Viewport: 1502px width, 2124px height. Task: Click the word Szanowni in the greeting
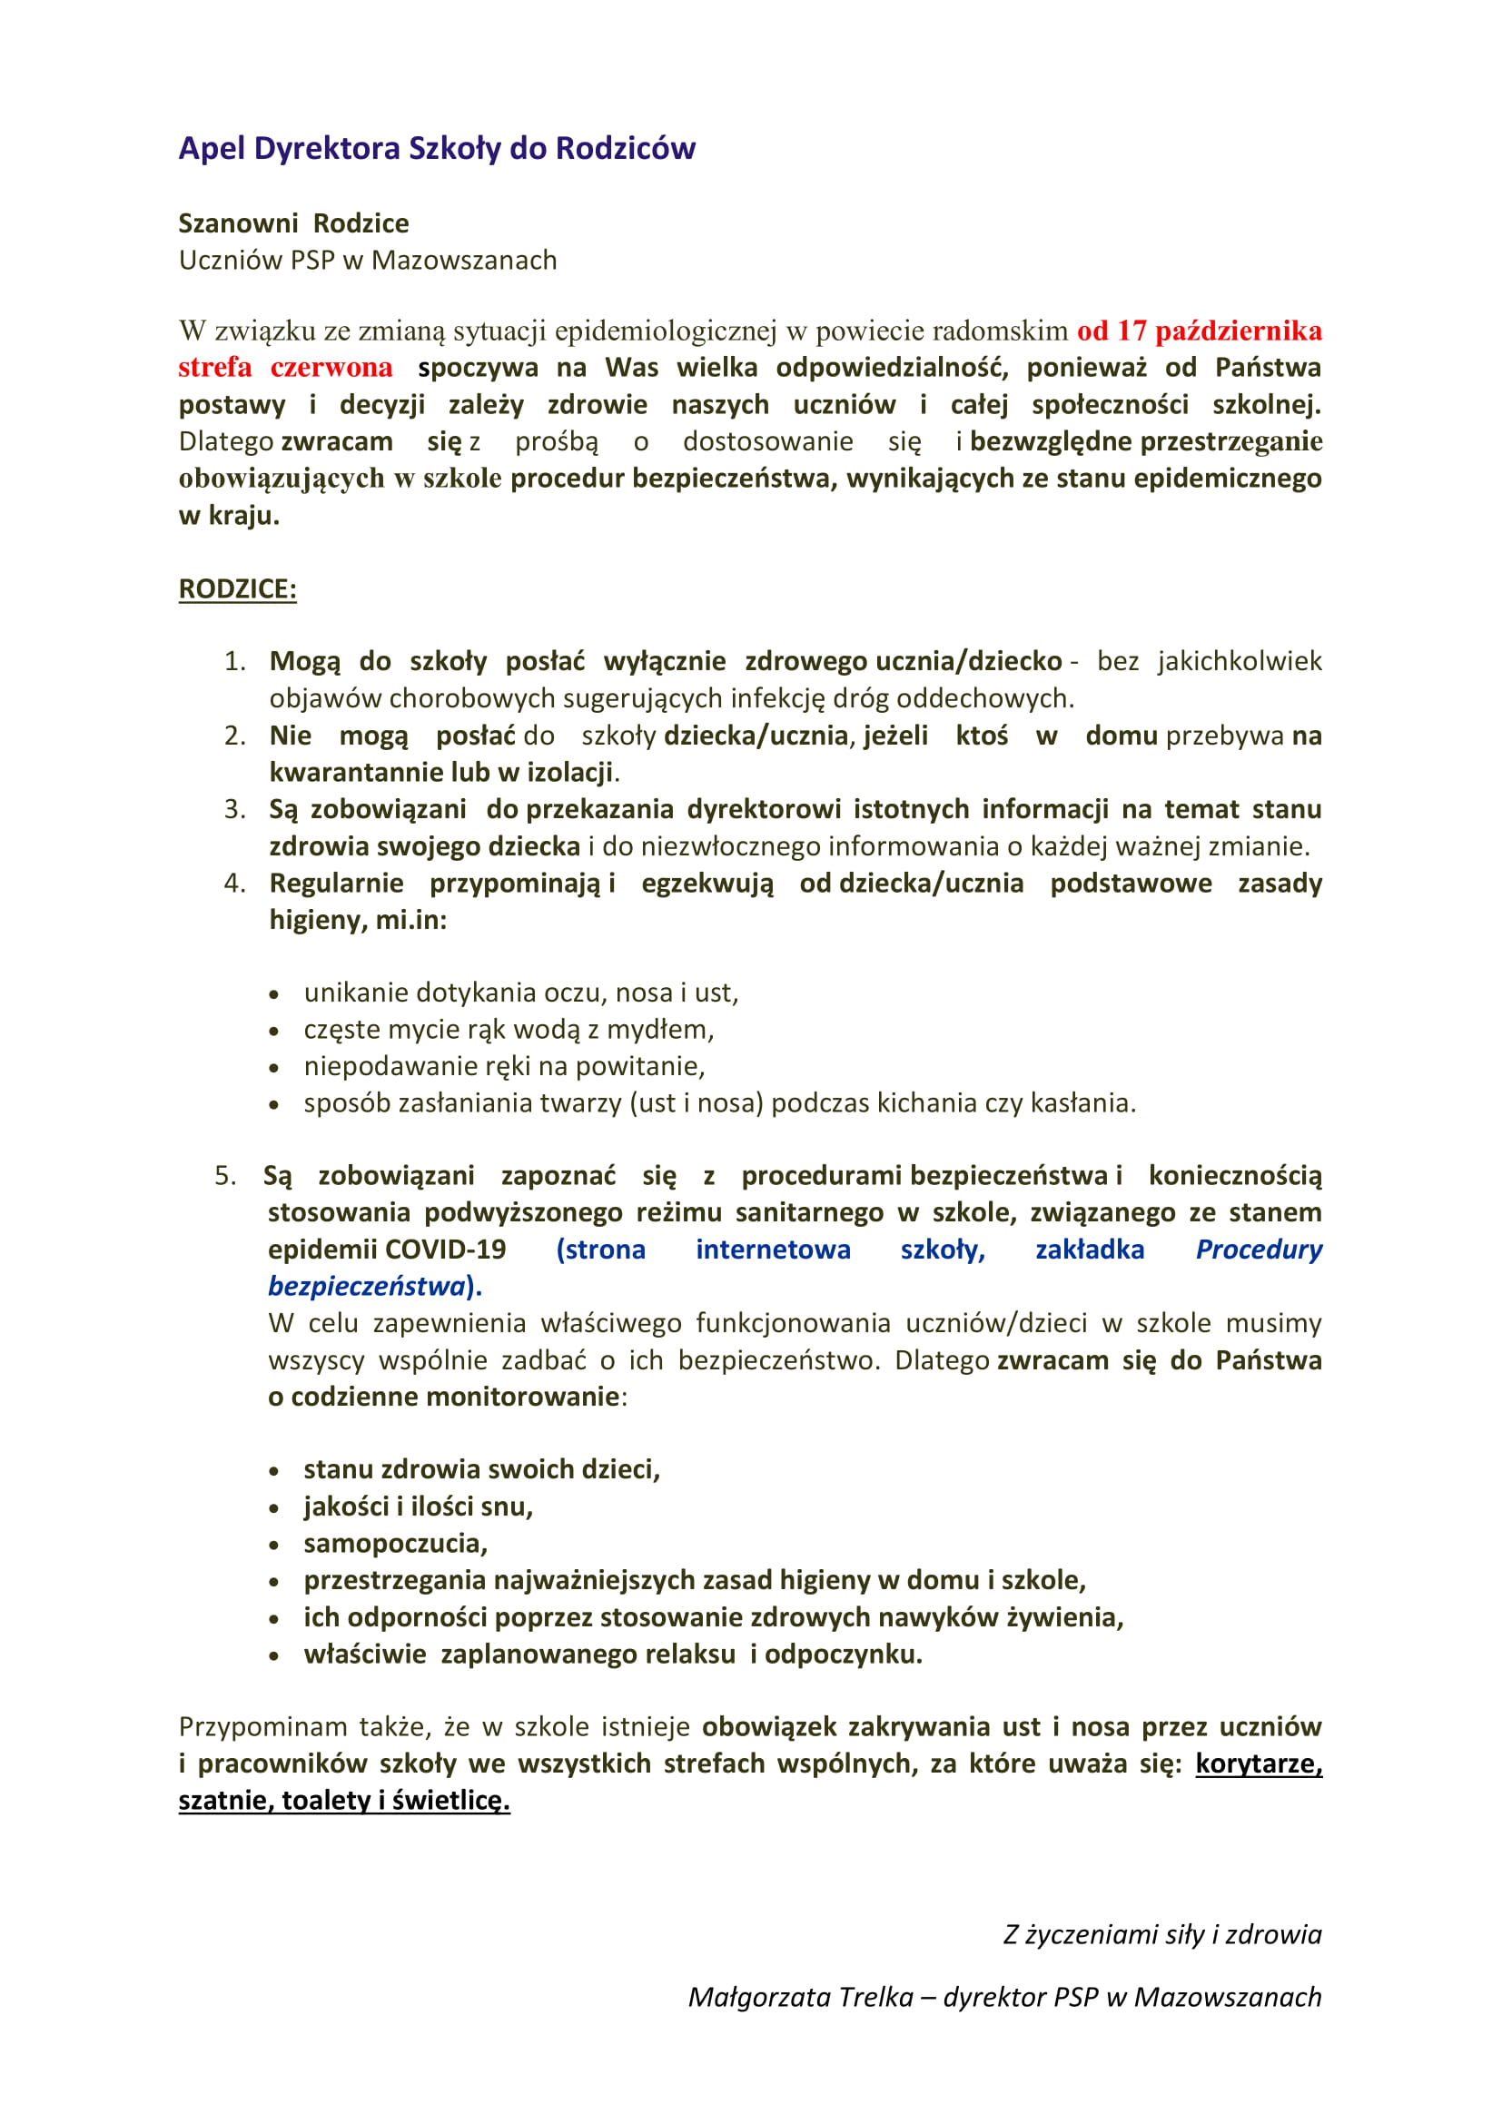(238, 224)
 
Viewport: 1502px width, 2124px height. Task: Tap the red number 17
(1131, 331)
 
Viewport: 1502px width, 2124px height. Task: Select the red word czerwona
(331, 368)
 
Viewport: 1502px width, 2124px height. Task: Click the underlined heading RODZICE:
(238, 589)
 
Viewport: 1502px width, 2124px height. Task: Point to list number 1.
(233, 661)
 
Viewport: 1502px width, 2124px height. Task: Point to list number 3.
(233, 809)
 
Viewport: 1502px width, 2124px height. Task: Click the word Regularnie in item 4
(336, 884)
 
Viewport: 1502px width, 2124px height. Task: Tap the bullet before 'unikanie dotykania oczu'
(273, 995)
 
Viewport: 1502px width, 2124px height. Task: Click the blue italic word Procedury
(1258, 1250)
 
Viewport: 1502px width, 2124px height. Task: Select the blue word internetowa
(772, 1250)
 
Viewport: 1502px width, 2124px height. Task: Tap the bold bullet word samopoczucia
(394, 1544)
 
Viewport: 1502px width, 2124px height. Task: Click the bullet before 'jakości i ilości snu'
(273, 1509)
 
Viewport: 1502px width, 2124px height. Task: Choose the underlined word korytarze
(1257, 1764)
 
